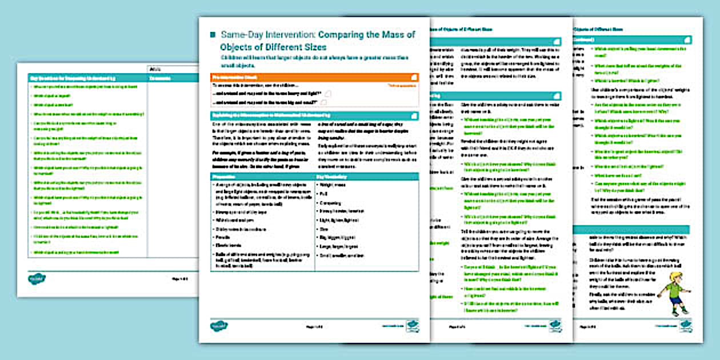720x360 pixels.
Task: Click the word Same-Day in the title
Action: (x=238, y=35)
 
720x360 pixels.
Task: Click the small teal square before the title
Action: (x=213, y=35)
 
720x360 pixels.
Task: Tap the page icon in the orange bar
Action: (x=413, y=77)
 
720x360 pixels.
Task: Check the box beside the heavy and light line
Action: (x=329, y=93)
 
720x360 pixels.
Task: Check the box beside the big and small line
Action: (x=324, y=102)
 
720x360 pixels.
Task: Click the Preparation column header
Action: (x=225, y=177)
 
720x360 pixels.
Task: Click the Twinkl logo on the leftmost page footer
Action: (x=37, y=278)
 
